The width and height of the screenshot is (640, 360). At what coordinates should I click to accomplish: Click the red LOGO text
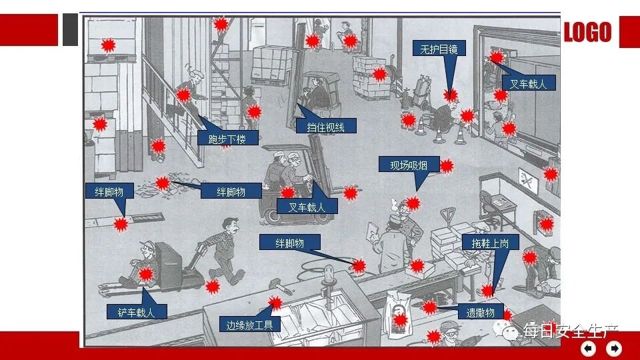coord(587,32)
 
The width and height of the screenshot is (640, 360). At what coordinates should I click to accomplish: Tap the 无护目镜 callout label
coord(438,49)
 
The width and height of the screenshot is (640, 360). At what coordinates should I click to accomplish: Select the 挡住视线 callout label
coord(326,126)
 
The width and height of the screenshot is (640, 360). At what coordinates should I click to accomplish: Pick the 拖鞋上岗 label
coord(490,243)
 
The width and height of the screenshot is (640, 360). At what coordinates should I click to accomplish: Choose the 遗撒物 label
coord(480,312)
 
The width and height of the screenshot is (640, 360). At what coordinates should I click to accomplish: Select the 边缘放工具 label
coord(250,325)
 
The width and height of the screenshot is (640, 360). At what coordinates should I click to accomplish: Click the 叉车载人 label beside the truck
coord(528,83)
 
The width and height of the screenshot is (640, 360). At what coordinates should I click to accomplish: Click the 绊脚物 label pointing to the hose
coord(289,243)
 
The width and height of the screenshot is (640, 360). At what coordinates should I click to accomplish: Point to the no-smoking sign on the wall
coord(527,178)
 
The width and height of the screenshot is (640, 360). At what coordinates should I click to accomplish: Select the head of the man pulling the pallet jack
coord(230,227)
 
